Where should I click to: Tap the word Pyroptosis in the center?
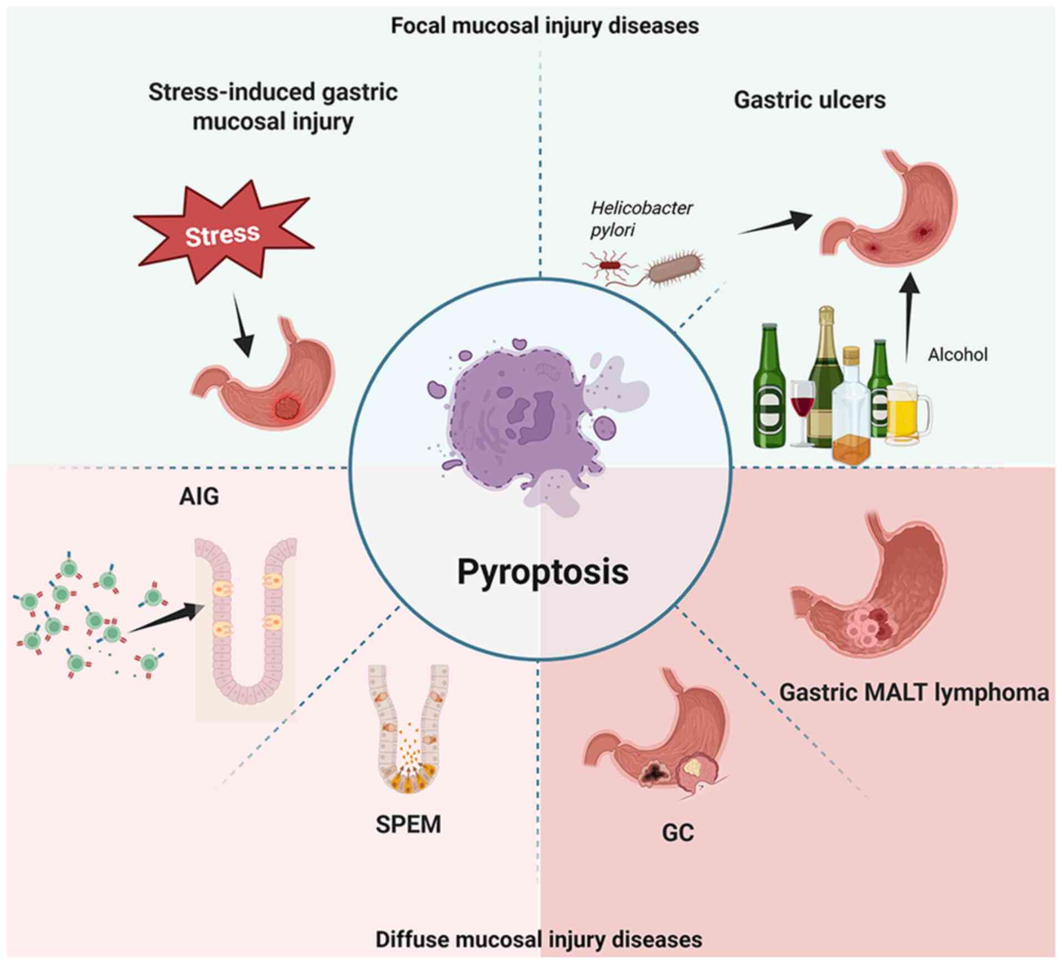pos(542,571)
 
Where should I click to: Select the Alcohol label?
pos(958,354)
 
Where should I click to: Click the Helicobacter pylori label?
pos(641,218)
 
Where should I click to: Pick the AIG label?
pos(199,496)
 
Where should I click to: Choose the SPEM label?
pos(408,825)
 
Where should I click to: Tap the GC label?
pos(678,833)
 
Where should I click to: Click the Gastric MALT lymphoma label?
pos(914,692)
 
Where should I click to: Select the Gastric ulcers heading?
pos(809,101)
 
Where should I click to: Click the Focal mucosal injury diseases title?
pos(545,26)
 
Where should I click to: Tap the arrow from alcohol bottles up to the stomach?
pos(909,317)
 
